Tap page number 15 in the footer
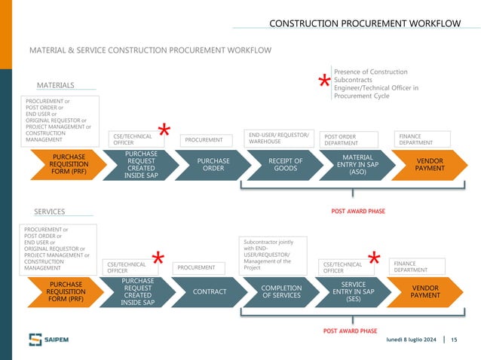(454, 341)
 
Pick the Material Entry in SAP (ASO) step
(352, 165)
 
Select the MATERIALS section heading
(55, 85)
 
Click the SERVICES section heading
(50, 212)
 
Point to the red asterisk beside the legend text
(323, 83)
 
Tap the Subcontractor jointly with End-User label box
(274, 255)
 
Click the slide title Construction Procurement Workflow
(365, 23)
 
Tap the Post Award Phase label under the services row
(350, 331)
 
